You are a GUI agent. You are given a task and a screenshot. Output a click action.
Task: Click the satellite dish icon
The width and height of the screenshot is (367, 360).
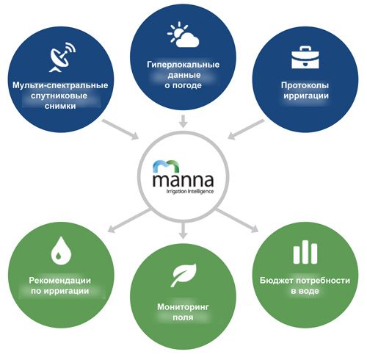click(x=62, y=57)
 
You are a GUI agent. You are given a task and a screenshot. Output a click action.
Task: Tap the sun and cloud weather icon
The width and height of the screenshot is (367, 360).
click(x=183, y=35)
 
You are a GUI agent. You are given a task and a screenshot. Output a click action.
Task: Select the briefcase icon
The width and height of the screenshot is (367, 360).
click(x=305, y=57)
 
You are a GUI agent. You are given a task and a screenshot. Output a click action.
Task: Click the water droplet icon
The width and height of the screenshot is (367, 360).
click(x=61, y=251)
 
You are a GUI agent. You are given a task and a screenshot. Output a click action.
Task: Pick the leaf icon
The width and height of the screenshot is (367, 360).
click(x=183, y=275)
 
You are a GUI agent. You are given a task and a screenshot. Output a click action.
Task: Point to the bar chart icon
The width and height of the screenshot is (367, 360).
click(x=305, y=252)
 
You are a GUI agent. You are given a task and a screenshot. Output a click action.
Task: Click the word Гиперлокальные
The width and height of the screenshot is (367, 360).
click(x=183, y=65)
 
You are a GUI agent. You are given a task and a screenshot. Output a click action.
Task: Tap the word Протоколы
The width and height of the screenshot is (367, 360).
click(x=305, y=85)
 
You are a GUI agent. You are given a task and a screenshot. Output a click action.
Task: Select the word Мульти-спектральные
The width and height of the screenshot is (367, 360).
click(x=60, y=85)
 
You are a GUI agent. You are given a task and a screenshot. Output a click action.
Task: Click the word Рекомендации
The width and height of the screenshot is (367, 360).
click(x=60, y=280)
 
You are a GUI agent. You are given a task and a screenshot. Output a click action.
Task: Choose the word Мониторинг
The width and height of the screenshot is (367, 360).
click(x=183, y=307)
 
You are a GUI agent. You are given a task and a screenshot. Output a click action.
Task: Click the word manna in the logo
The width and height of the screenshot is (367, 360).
click(x=183, y=180)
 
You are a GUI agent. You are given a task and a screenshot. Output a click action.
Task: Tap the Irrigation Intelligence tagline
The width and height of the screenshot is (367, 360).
click(x=190, y=191)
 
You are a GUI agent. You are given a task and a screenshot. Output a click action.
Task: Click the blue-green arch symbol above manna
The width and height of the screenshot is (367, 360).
click(x=167, y=166)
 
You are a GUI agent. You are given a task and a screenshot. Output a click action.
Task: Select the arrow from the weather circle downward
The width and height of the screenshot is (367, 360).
click(x=183, y=121)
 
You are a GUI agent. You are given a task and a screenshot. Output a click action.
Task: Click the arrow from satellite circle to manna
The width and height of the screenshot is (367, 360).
click(x=120, y=129)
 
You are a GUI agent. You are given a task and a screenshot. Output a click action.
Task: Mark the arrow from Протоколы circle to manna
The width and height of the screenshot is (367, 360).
click(x=246, y=129)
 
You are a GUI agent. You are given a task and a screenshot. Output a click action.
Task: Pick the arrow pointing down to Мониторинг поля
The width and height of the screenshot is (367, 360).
click(x=183, y=231)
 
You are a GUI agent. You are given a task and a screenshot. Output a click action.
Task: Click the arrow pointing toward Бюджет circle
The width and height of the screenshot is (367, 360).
click(x=237, y=220)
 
